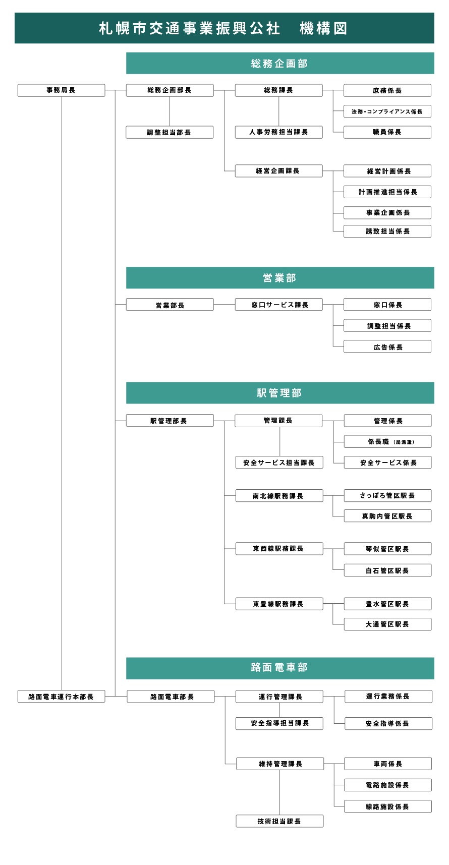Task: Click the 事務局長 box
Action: point(61,90)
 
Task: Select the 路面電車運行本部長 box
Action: point(61,697)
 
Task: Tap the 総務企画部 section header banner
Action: point(280,64)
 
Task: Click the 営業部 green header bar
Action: point(280,278)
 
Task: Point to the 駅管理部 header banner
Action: point(280,393)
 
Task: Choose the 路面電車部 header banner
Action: point(280,668)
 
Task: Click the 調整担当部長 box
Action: point(170,132)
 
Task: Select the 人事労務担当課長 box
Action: point(278,132)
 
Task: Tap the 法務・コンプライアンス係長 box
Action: point(387,111)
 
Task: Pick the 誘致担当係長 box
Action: point(387,232)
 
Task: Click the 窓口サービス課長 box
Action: point(278,305)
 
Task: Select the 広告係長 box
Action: point(387,347)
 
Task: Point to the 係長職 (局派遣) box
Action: point(388,442)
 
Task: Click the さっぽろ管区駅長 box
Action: point(388,496)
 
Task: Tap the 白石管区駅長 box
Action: point(388,570)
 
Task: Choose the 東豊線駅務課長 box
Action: point(279,604)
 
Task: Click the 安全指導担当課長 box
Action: point(279,723)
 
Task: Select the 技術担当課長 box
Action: point(279,821)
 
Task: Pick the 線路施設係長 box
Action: point(388,806)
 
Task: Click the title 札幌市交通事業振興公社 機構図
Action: point(223,28)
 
